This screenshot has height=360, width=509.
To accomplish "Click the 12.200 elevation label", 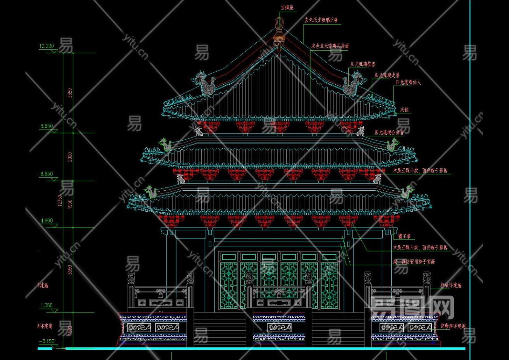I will [47, 46].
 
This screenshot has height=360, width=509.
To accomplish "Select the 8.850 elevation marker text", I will [46, 126].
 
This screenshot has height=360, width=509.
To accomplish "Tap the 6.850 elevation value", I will [46, 174].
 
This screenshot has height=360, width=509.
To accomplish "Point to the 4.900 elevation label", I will [46, 221].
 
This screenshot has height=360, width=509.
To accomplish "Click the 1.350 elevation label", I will [46, 306].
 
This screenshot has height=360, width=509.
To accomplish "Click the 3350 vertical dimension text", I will [70, 93].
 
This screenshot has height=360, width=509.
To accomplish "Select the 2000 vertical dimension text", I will [70, 157].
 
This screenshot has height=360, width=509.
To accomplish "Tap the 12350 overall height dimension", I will [60, 201].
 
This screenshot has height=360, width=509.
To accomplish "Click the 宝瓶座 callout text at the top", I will [287, 7].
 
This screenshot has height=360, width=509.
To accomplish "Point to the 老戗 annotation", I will [404, 110].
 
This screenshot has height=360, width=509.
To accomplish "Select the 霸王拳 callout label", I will [404, 236].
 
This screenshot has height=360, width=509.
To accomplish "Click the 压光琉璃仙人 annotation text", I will [408, 82].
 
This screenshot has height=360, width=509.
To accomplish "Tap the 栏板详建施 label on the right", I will [451, 286].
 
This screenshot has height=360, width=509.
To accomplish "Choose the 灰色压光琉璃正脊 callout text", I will [321, 20].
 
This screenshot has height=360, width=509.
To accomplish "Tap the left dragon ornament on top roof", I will [205, 84].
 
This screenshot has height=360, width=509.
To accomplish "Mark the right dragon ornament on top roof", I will [352, 84].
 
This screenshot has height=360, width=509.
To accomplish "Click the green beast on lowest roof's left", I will [151, 192].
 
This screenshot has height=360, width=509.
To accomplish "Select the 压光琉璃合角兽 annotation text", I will [389, 132].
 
